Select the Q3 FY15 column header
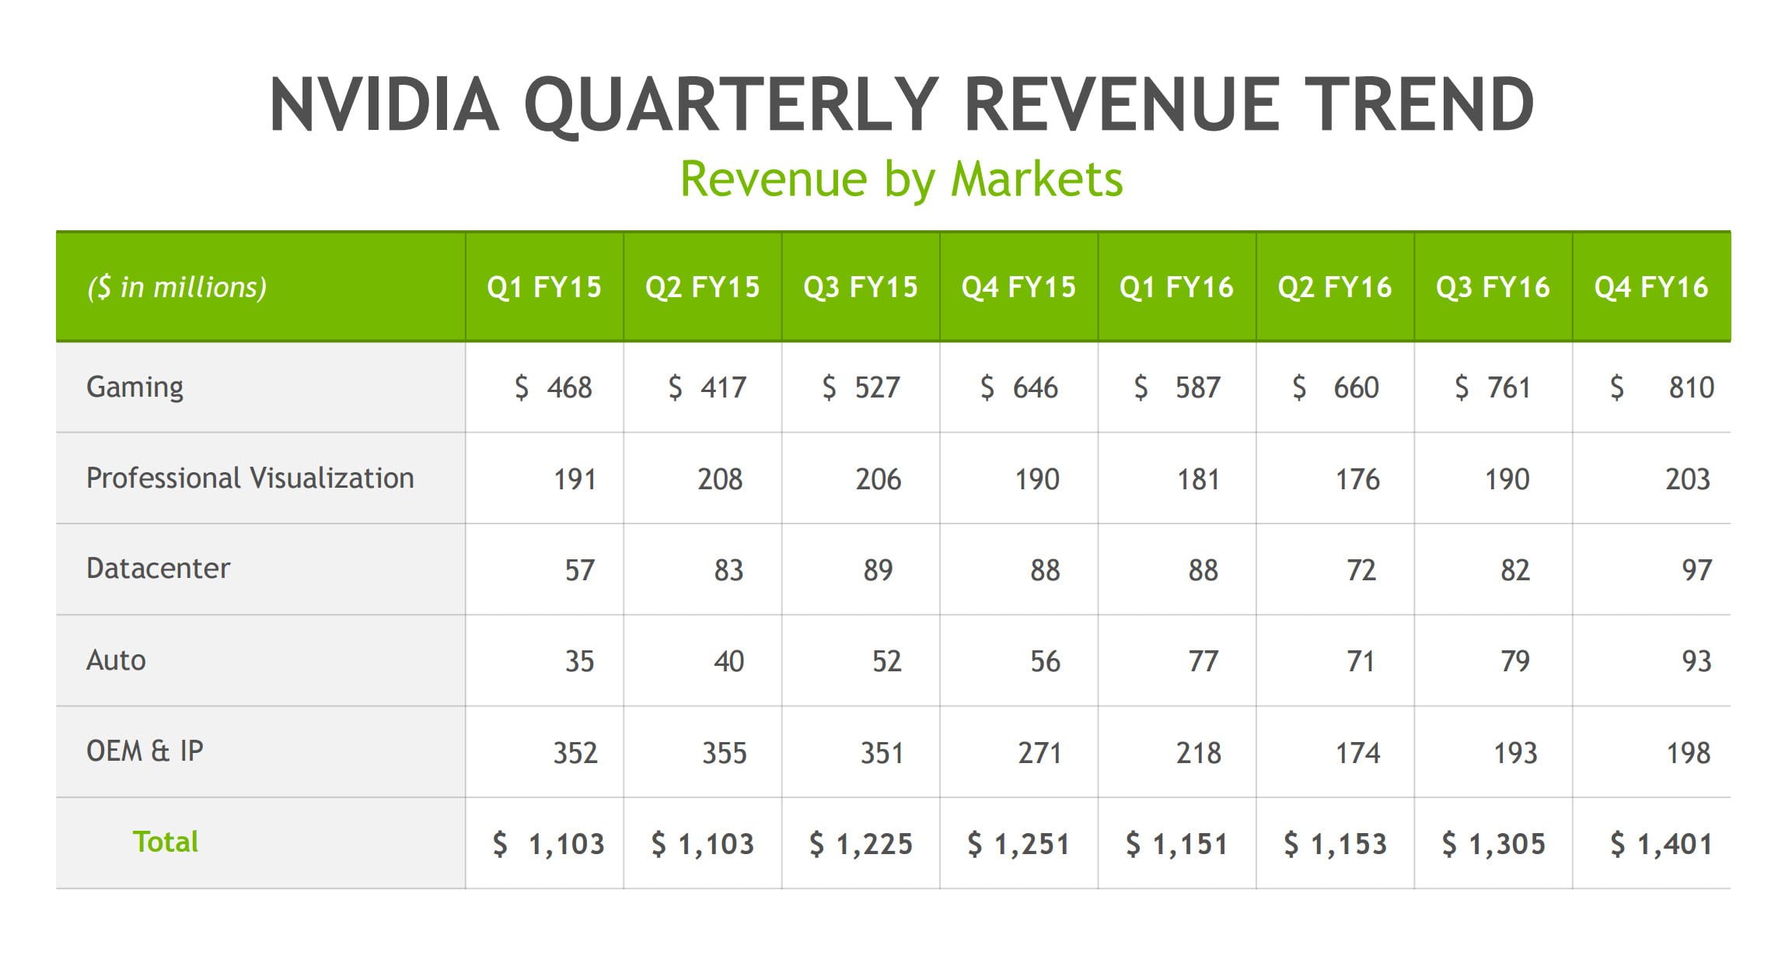pos(861,287)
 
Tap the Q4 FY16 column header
pos(1651,287)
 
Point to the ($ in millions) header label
pos(177,287)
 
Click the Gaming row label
pos(135,387)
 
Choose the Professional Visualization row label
pos(250,478)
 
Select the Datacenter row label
pos(159,569)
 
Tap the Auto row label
pos(116,660)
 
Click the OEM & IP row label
pos(145,751)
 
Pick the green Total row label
pos(166,842)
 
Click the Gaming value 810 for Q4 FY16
pos(1691,387)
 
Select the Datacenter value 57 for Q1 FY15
pos(579,570)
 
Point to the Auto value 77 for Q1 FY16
pos(1203,661)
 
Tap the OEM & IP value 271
pos(1039,753)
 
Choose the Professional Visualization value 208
pos(720,479)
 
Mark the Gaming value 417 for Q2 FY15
pos(723,387)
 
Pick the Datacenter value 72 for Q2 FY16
pos(1361,570)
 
